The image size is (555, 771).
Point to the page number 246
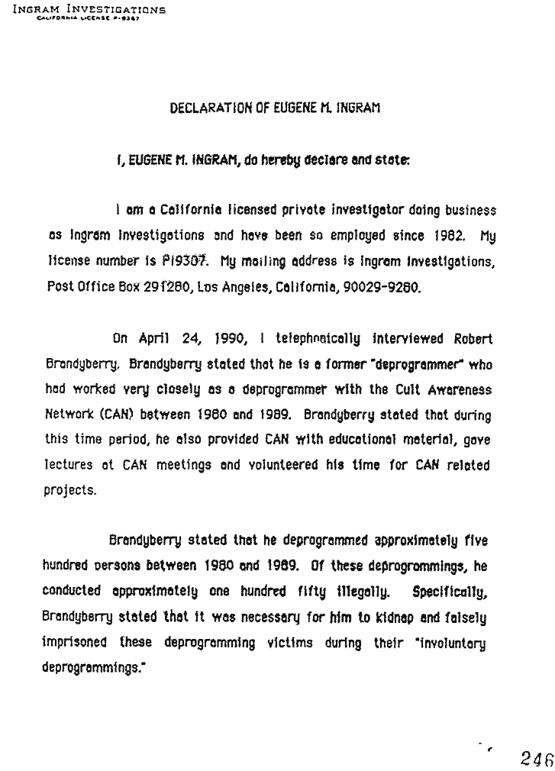536,756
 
